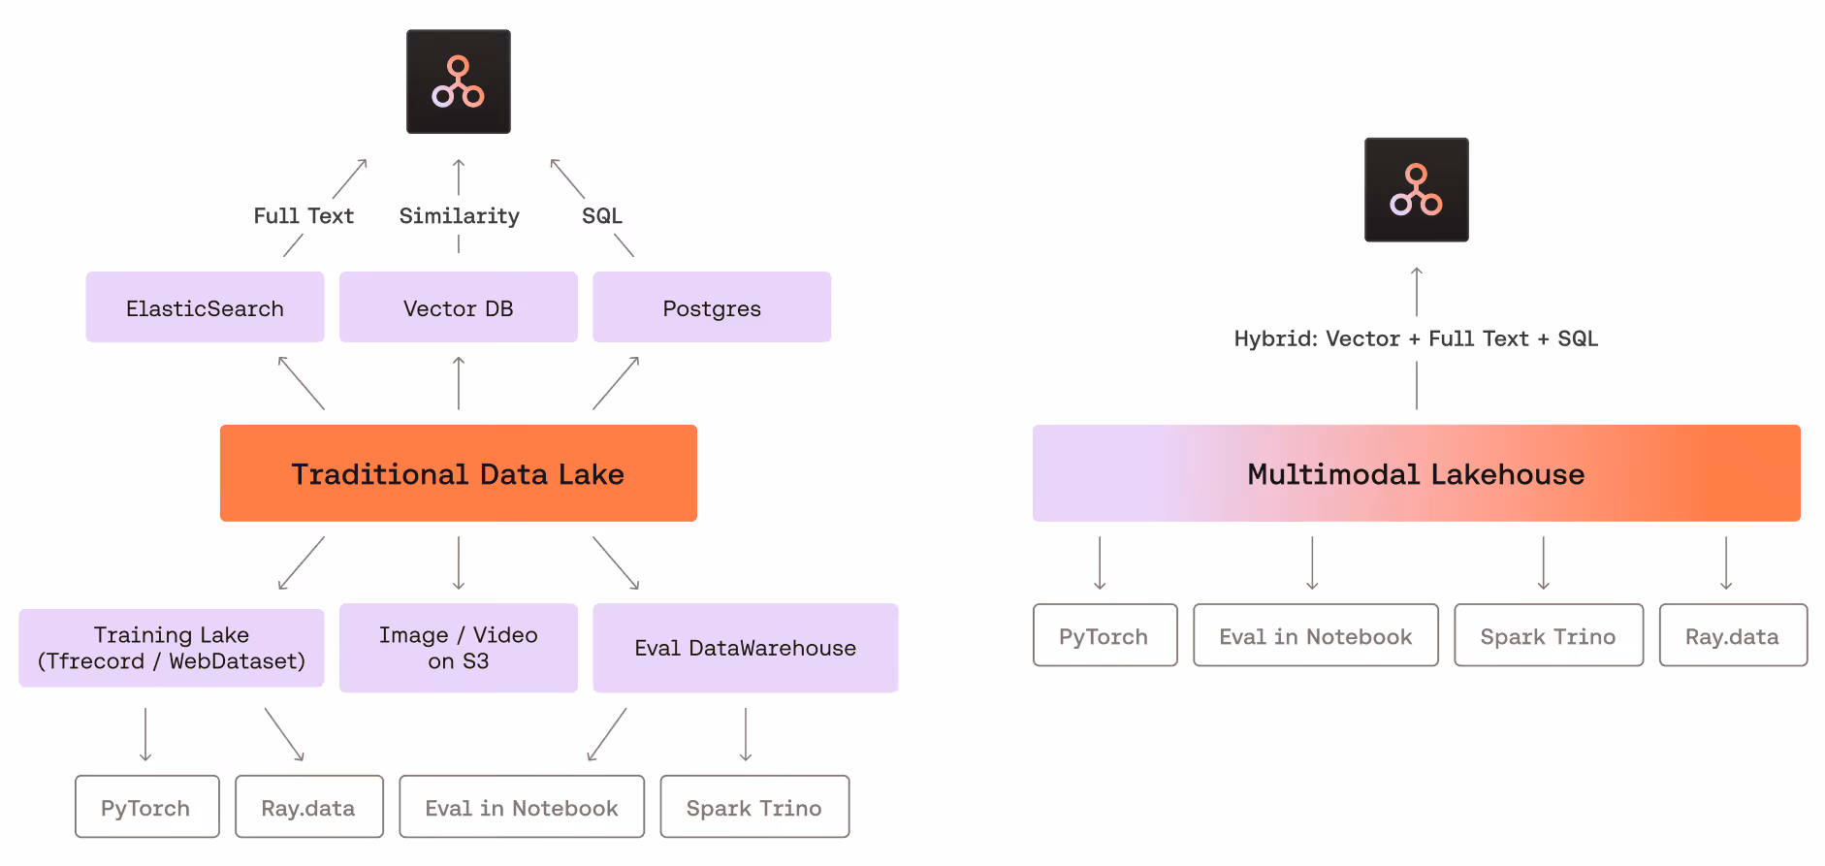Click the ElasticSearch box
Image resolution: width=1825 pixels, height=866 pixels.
pyautogui.click(x=205, y=307)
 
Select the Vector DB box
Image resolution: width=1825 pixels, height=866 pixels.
pyautogui.click(x=458, y=307)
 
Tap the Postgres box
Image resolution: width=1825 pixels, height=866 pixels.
pyautogui.click(x=712, y=307)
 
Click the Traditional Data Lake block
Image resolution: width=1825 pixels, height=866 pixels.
pyautogui.click(x=458, y=473)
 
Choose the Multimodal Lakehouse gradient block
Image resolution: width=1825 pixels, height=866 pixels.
pyautogui.click(x=1416, y=473)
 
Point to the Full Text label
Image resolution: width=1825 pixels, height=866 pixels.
pyautogui.click(x=304, y=215)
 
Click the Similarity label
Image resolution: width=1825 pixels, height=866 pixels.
pyautogui.click(x=459, y=215)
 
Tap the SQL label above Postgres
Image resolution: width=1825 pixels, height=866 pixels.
pyautogui.click(x=601, y=215)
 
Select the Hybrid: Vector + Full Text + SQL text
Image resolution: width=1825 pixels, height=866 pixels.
pyautogui.click(x=1416, y=338)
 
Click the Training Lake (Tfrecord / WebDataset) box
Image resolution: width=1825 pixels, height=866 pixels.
pyautogui.click(x=172, y=648)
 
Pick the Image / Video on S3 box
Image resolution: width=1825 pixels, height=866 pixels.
pyautogui.click(x=458, y=648)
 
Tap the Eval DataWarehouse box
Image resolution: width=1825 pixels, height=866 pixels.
pyautogui.click(x=745, y=648)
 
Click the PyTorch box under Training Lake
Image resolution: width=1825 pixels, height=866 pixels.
pyautogui.click(x=146, y=807)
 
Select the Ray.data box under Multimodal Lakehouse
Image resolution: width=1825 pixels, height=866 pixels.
pyautogui.click(x=1732, y=636)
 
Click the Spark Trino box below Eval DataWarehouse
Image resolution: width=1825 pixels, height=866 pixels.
pyautogui.click(x=754, y=807)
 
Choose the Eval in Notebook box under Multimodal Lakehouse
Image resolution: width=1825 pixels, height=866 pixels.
pyautogui.click(x=1315, y=636)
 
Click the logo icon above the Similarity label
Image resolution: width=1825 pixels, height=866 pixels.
pyautogui.click(x=458, y=81)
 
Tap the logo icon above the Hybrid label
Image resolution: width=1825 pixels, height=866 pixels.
pyautogui.click(x=1416, y=190)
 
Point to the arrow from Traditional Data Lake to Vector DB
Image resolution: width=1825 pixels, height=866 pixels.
pyautogui.click(x=459, y=383)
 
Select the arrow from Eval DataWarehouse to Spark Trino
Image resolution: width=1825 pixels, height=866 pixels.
pyautogui.click(x=746, y=734)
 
